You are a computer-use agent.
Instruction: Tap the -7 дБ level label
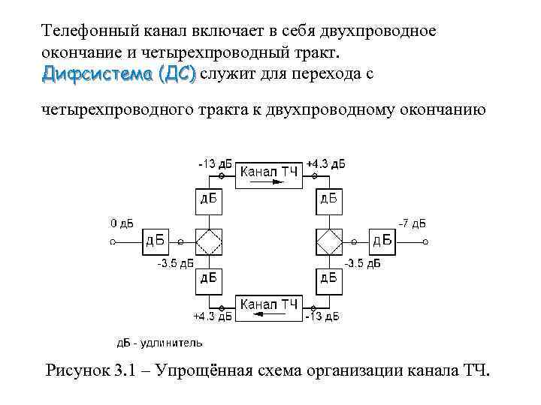click(x=411, y=223)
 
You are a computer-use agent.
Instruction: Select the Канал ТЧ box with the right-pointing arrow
click(x=269, y=176)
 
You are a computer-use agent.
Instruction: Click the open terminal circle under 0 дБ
click(x=113, y=241)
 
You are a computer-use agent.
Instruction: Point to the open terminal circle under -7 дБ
click(x=426, y=241)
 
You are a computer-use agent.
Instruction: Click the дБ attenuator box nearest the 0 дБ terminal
click(x=157, y=241)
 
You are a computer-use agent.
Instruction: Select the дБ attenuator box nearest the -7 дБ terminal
click(x=382, y=241)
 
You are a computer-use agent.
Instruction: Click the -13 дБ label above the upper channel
click(x=215, y=163)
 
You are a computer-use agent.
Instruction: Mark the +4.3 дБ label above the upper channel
click(x=325, y=163)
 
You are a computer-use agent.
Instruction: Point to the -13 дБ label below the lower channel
click(x=322, y=317)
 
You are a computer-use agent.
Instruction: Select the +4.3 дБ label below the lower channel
click(x=213, y=317)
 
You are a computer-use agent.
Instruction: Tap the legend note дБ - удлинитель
click(x=159, y=343)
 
